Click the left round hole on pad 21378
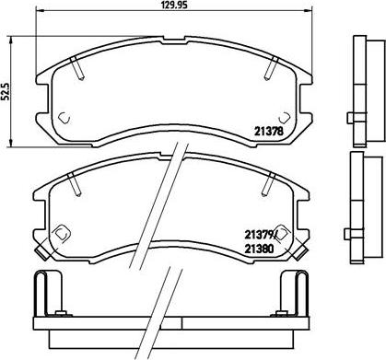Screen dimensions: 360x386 [64, 117]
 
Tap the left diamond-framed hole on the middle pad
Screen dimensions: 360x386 [60, 234]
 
